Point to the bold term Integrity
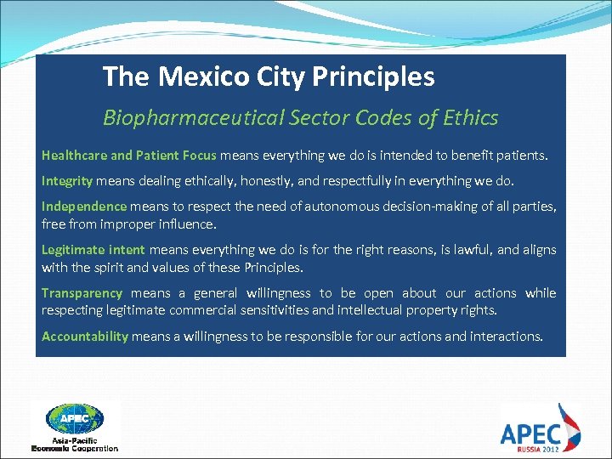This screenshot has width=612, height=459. pos(67,180)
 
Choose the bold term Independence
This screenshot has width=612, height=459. pos(84,207)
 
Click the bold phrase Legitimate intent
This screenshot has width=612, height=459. pos(93,250)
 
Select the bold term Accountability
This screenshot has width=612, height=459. pos(84,337)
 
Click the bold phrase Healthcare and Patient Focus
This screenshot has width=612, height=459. pos(129,156)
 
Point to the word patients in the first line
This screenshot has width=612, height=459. pos(522,156)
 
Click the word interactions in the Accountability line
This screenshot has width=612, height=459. pos(504,337)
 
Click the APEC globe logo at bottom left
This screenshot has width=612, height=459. pos(75,418)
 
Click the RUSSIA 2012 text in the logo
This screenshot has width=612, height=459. pos(541,448)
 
